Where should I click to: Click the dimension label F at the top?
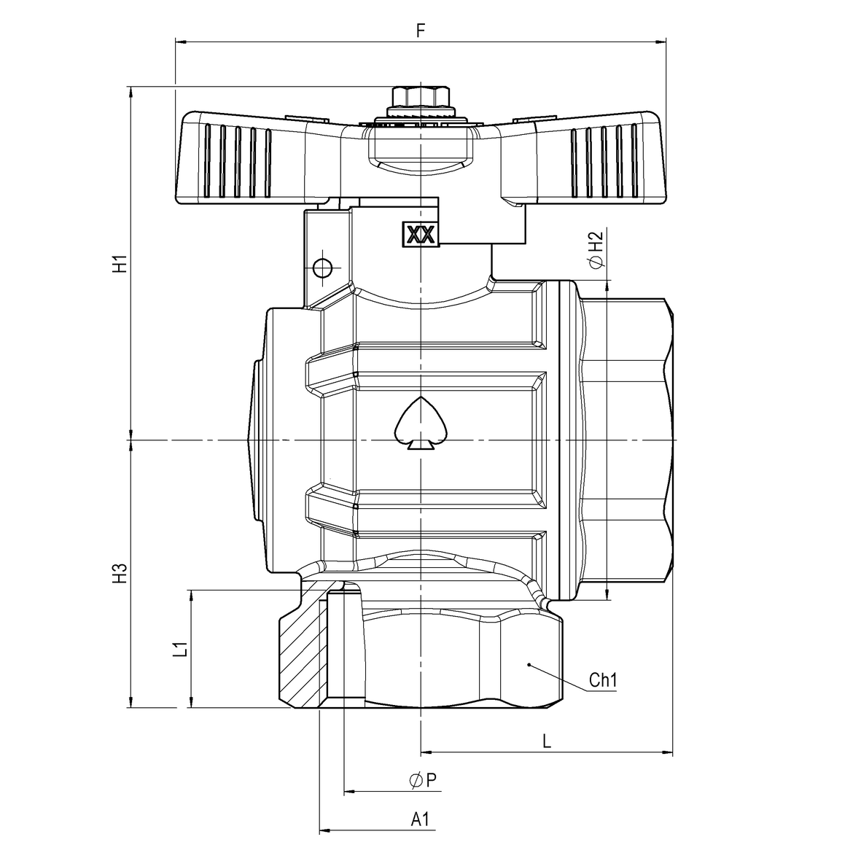coord(421,30)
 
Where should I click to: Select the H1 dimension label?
coord(120,264)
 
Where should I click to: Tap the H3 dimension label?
coord(120,574)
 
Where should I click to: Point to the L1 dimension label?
coord(181,649)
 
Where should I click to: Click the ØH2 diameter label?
coord(596,250)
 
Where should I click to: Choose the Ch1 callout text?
coord(603,680)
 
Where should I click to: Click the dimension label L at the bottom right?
coord(547,742)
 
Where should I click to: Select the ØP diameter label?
coord(423,780)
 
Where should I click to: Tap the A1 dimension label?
coord(420,819)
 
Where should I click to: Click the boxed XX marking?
coord(421,235)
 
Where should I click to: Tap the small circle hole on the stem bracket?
coord(322,268)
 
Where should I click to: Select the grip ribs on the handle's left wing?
coord(238,160)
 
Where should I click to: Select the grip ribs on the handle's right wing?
coord(604,160)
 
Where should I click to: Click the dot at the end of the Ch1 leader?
coord(529,665)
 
